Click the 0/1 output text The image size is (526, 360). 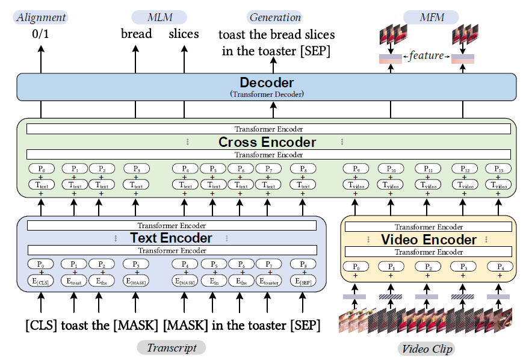42,35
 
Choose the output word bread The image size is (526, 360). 136,34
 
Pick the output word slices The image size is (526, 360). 184,34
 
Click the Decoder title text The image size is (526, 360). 267,83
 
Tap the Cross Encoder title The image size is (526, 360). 267,142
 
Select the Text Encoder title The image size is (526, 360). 171,238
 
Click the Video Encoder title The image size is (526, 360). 429,240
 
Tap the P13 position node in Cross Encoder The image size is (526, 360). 498,169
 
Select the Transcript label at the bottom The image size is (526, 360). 172,347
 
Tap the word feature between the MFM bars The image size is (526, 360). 426,56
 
